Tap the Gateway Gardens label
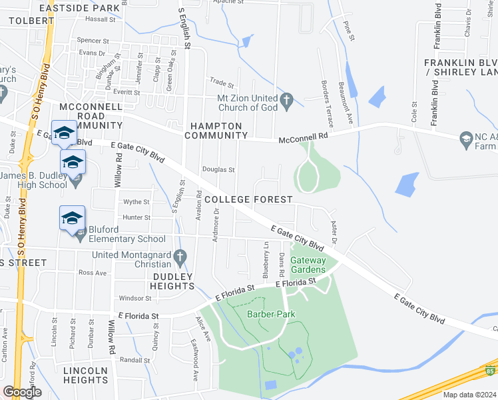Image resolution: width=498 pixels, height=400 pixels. [x=308, y=265]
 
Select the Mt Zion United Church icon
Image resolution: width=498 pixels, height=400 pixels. [x=286, y=102]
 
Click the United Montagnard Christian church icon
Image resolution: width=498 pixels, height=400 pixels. [x=179, y=255]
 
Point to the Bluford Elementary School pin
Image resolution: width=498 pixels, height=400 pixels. [x=73, y=219]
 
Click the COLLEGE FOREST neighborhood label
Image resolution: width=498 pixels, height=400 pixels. [x=248, y=200]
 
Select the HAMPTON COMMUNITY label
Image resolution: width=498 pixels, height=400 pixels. [x=216, y=131]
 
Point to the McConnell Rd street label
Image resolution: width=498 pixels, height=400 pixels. [x=304, y=138]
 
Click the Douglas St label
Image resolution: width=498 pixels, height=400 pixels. [x=218, y=170]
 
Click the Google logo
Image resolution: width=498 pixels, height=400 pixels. [x=22, y=392]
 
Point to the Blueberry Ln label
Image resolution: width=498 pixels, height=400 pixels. [x=266, y=261]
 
